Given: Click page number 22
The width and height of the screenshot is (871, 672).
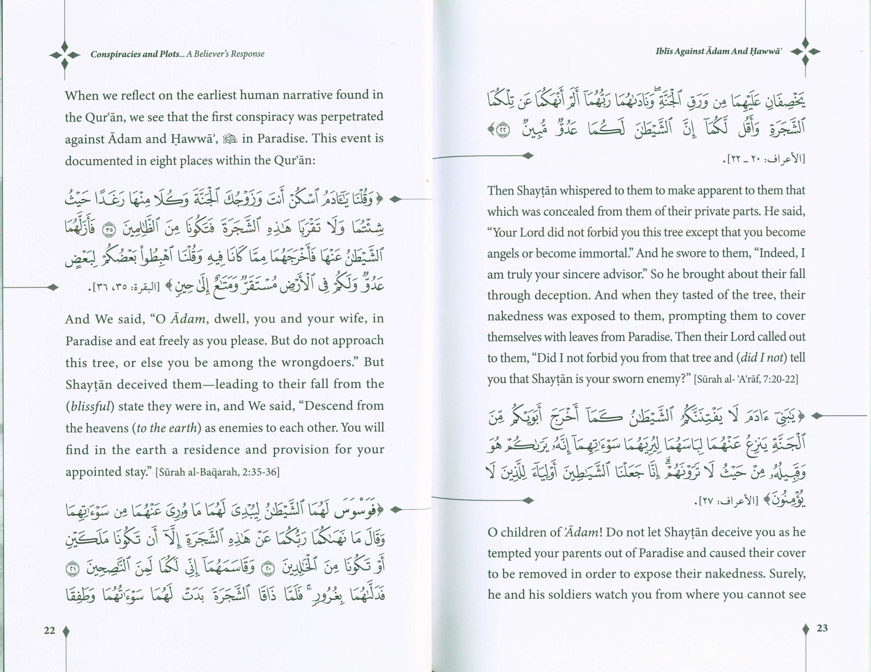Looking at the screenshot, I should click(49, 630).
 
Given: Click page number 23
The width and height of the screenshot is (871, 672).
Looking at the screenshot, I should click(822, 628).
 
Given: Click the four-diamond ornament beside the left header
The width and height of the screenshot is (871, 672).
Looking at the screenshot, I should click(65, 55).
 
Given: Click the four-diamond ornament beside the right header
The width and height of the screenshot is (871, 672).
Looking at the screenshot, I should click(805, 52).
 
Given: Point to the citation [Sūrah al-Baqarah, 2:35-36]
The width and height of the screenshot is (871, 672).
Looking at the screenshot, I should click(217, 472).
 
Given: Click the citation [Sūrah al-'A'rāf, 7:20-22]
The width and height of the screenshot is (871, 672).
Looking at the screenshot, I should click(746, 379).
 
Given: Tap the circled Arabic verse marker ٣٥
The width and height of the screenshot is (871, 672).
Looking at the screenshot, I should click(108, 230).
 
